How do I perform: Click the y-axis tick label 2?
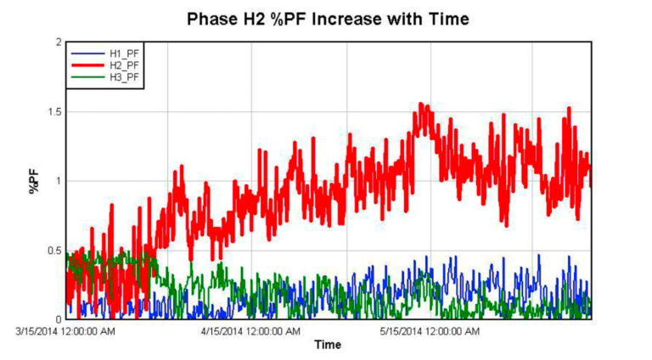click(x=58, y=42)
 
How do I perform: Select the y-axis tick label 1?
click(x=58, y=181)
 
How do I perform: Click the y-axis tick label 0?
click(x=58, y=319)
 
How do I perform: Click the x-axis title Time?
click(x=328, y=345)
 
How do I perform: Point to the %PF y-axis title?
click(x=35, y=180)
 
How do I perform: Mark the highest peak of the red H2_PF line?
click(x=421, y=104)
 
